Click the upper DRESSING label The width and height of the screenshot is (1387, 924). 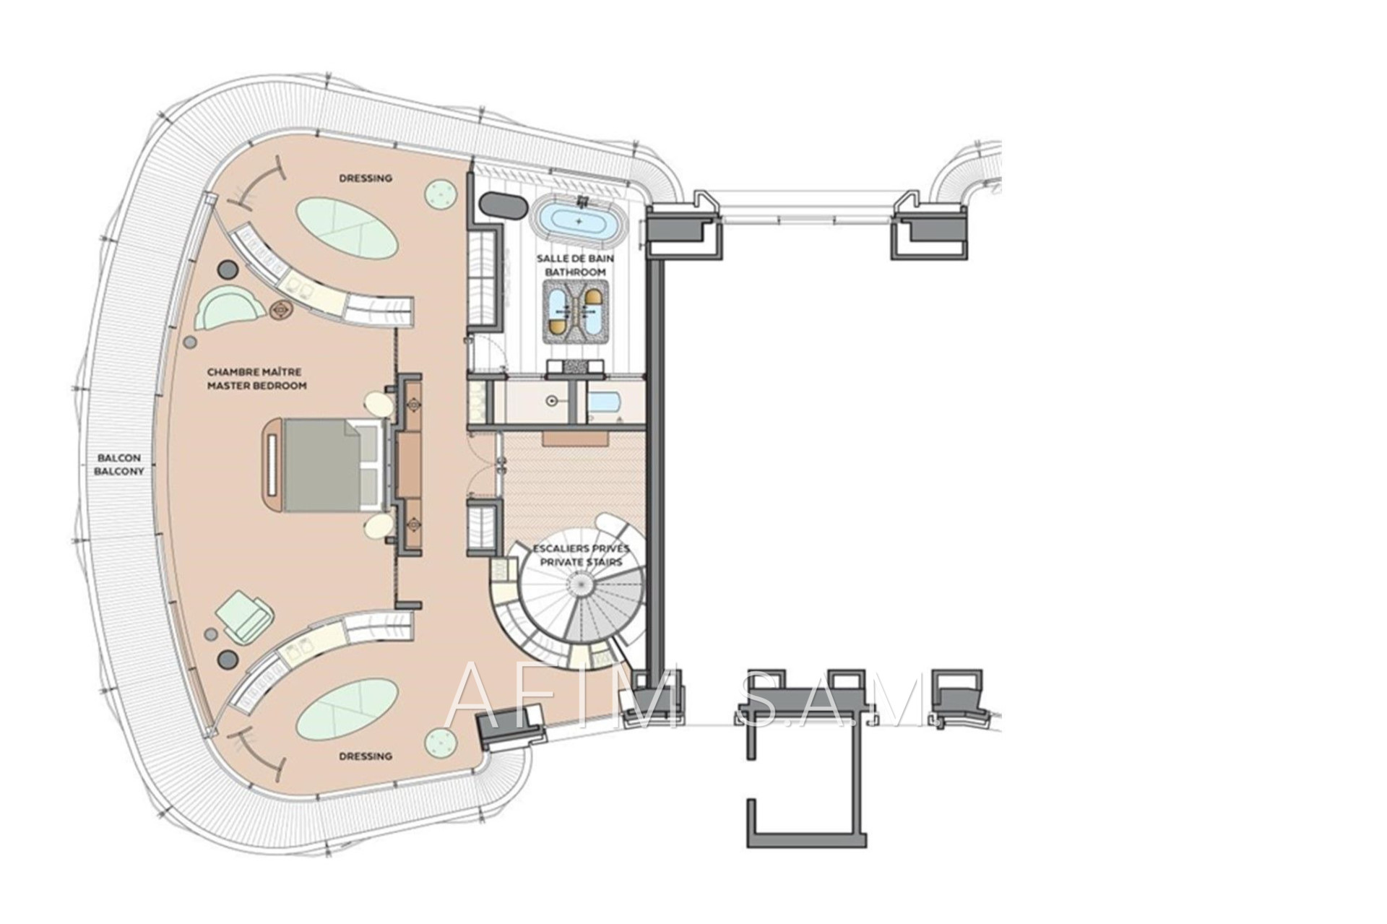click(366, 178)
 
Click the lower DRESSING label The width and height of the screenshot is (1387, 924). click(366, 756)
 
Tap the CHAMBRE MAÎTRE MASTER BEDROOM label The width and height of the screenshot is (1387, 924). click(256, 379)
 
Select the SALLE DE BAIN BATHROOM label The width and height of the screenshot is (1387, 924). click(575, 265)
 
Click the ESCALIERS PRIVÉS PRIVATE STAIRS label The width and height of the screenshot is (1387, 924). click(582, 555)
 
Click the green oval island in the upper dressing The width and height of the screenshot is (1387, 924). click(346, 228)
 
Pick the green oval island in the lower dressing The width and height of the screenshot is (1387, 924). click(346, 709)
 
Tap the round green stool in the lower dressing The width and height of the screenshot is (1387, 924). click(441, 742)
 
